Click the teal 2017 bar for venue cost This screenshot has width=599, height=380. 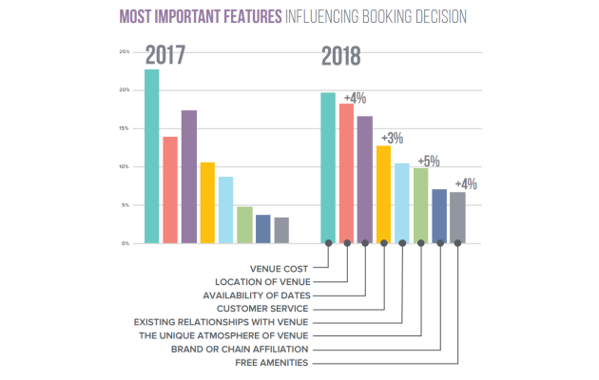pyautogui.click(x=151, y=157)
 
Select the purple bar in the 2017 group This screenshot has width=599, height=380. pyautogui.click(x=188, y=178)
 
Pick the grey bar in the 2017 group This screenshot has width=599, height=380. pyautogui.click(x=281, y=231)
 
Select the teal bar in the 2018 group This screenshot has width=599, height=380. pyautogui.click(x=328, y=168)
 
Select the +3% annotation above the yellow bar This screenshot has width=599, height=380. pyautogui.click(x=391, y=139)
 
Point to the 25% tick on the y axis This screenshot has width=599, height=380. pyautogui.click(x=125, y=51)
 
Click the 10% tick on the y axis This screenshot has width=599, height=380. pyautogui.click(x=125, y=167)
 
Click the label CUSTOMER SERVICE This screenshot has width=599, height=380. pyautogui.click(x=261, y=309)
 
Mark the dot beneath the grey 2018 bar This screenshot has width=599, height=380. pyautogui.click(x=458, y=243)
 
